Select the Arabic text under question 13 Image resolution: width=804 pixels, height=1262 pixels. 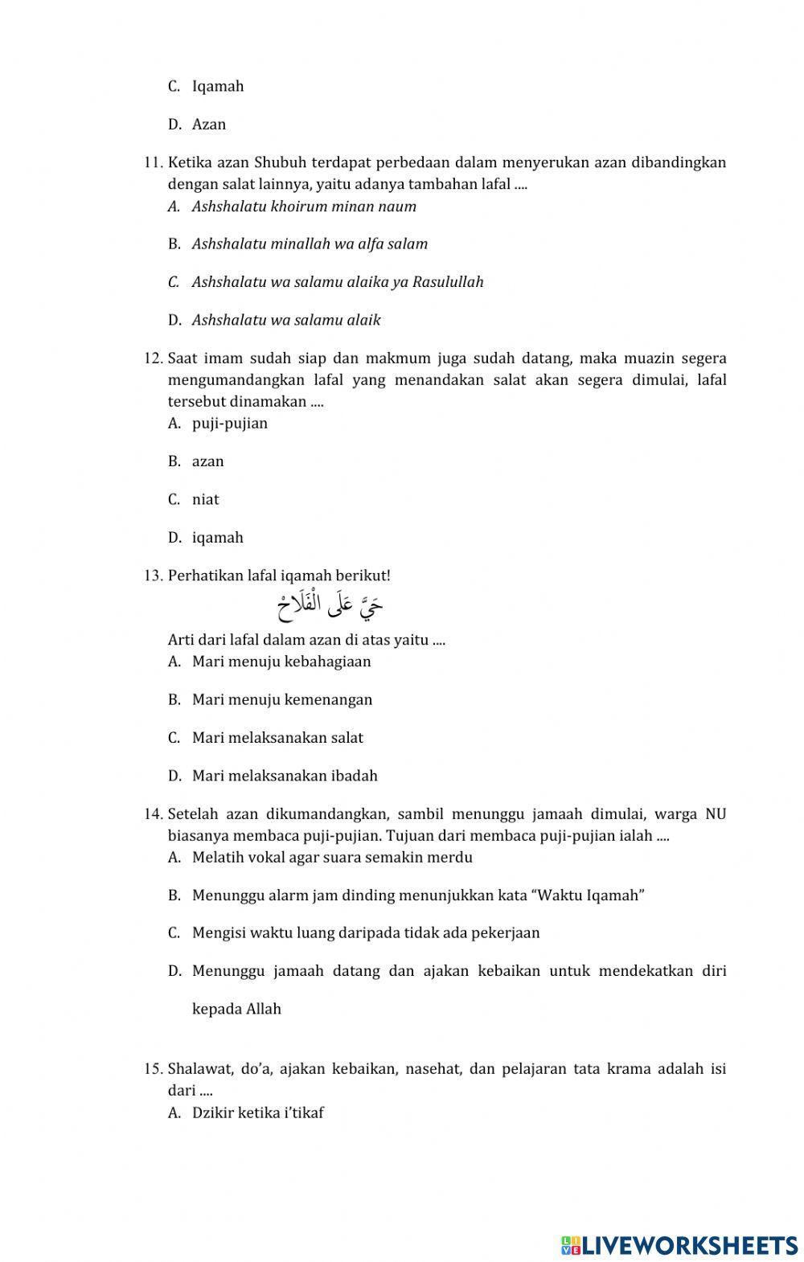(x=330, y=608)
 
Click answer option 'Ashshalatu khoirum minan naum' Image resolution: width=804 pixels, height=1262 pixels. (x=304, y=207)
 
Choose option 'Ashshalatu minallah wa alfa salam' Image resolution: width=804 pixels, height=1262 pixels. (x=310, y=244)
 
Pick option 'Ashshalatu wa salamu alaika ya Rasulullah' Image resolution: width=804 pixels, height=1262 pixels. (x=338, y=282)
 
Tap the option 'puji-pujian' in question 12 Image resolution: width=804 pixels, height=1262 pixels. (x=229, y=424)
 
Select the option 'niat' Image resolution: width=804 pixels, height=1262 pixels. (x=205, y=500)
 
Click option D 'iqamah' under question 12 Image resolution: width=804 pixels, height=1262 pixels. (x=217, y=538)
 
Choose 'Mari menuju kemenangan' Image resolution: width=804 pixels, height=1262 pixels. (x=281, y=700)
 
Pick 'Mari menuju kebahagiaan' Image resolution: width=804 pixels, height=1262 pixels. (x=281, y=662)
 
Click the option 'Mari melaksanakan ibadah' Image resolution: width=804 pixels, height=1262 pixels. (x=285, y=776)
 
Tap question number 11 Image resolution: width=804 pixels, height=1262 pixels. (x=153, y=163)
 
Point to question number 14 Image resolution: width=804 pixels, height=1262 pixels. (x=153, y=814)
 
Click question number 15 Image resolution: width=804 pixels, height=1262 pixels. (x=153, y=1069)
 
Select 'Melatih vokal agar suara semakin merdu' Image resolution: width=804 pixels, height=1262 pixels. (x=332, y=858)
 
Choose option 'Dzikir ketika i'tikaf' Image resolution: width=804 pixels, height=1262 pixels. (x=257, y=1113)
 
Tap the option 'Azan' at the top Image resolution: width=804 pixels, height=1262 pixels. (x=209, y=125)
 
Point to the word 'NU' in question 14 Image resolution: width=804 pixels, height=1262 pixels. (x=715, y=814)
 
